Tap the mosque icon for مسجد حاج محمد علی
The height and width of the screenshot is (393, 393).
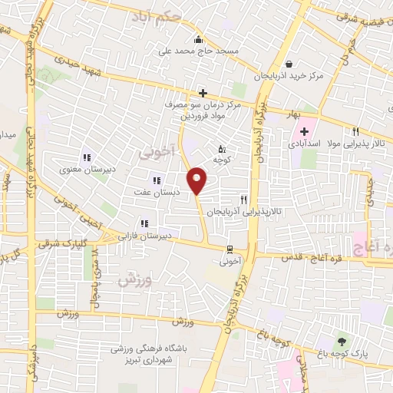pyautogui.click(x=199, y=40)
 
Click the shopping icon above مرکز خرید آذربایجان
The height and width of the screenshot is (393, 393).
pyautogui.click(x=289, y=64)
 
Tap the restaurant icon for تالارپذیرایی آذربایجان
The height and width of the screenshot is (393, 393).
pyautogui.click(x=243, y=199)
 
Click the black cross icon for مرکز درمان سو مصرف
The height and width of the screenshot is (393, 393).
pyautogui.click(x=203, y=93)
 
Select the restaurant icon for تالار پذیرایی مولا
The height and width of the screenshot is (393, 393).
pyautogui.click(x=355, y=131)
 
